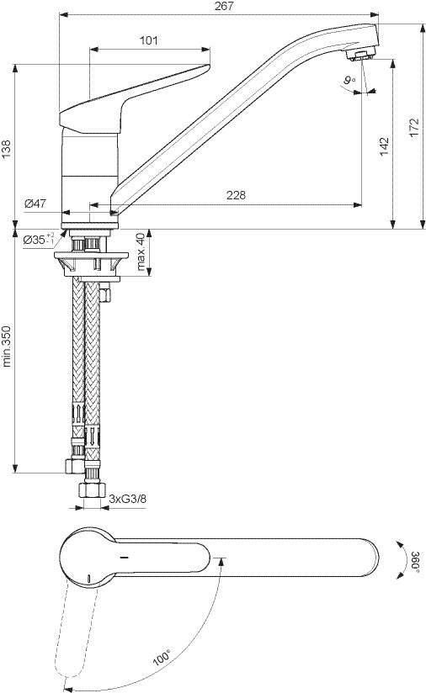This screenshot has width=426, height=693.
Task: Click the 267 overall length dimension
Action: tap(224, 6)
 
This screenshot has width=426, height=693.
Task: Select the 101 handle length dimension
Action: tap(149, 40)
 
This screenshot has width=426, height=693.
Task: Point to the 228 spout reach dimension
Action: tap(236, 195)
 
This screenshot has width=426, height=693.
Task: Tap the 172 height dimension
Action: tap(414, 128)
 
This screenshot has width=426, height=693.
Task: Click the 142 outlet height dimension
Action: tap(384, 145)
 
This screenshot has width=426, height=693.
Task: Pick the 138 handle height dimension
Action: tap(6, 149)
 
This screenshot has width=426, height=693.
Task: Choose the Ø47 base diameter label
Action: tap(35, 204)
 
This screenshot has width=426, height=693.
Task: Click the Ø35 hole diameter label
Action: tap(39, 239)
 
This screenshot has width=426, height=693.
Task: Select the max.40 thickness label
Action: tap(141, 251)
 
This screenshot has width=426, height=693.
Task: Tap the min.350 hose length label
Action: tap(6, 346)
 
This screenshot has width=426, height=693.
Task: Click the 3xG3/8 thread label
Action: tap(127, 499)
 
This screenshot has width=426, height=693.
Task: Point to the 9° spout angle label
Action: tap(349, 80)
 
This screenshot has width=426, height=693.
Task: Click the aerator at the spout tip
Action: tap(359, 56)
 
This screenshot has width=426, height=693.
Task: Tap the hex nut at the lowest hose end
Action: tap(93, 489)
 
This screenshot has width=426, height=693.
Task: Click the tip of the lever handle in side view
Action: tap(208, 66)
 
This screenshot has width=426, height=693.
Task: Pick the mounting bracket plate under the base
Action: tap(91, 256)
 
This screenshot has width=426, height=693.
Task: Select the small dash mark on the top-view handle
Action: tap(125, 558)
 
